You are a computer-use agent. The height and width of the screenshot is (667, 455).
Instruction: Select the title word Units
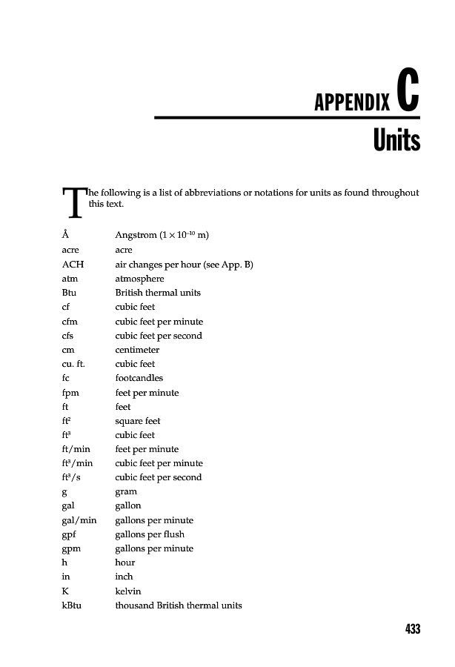coord(396,141)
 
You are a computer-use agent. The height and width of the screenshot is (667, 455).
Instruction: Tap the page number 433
coord(413,629)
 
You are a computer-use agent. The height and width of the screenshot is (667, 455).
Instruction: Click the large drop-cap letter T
coord(74,202)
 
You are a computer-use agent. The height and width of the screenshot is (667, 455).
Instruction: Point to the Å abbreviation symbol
coord(66,236)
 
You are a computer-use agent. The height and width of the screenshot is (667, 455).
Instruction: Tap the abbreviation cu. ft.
coord(77,364)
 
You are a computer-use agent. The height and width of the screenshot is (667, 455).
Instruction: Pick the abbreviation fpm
coord(72,393)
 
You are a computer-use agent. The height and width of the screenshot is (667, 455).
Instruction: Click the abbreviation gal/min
coord(79,520)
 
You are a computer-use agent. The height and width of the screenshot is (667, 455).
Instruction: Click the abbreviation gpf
coord(70,534)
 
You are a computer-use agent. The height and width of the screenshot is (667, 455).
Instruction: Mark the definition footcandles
coord(139,378)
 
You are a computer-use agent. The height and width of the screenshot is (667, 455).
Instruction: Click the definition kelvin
coord(128,591)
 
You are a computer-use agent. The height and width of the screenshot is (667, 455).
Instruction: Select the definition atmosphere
coord(140,279)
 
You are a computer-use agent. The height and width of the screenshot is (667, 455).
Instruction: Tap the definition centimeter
coord(137,350)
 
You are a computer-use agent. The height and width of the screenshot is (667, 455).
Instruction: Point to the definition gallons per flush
coord(150,534)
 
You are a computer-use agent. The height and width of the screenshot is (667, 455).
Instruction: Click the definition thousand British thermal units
coord(179,605)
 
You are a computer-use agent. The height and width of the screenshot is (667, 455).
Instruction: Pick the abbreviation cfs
coord(68,336)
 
